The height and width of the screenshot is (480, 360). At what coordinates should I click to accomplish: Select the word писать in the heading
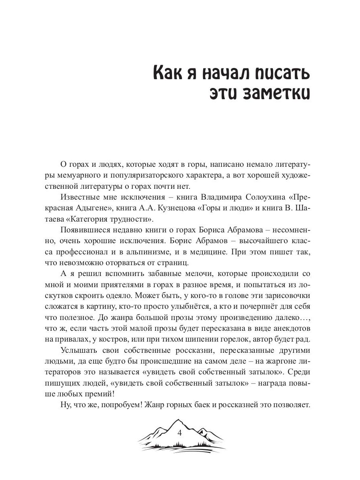pos(279,74)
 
